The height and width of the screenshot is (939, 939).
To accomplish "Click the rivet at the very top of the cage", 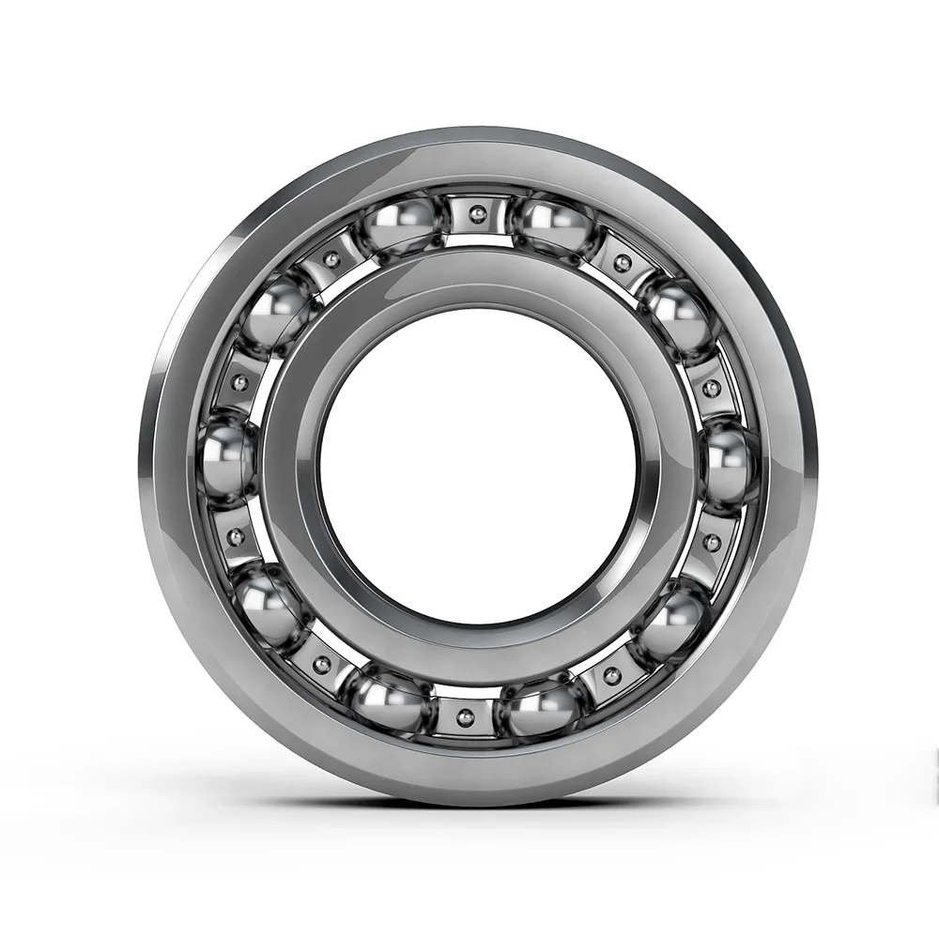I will (x=478, y=216).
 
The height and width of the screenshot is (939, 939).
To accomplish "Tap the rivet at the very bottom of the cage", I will (x=463, y=717).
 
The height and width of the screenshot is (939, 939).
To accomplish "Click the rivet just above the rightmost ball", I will (x=712, y=388).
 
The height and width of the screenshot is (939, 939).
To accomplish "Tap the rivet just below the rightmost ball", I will (x=711, y=542).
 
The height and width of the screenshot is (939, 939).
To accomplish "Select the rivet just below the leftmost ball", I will (x=237, y=537).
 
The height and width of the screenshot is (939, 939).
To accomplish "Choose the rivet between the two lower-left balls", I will (x=322, y=665).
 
